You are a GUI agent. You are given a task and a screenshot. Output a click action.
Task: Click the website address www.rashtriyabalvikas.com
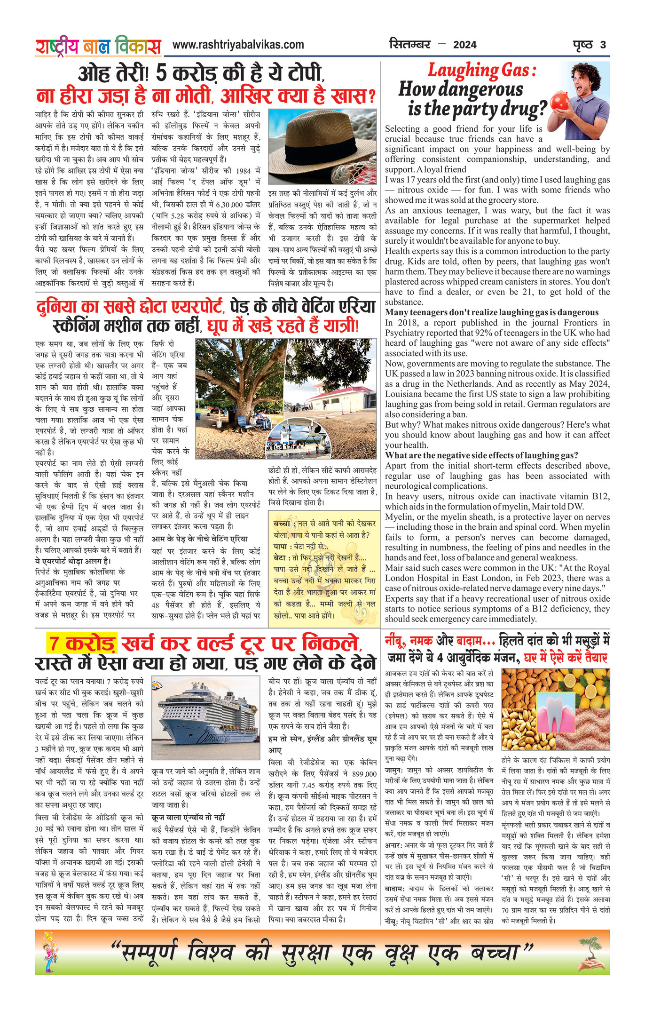point(238,45)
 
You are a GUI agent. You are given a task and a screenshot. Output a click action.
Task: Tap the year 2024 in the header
point(464,45)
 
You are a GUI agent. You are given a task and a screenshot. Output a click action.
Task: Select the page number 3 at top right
point(603,45)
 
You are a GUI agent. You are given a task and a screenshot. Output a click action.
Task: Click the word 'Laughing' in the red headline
point(462,71)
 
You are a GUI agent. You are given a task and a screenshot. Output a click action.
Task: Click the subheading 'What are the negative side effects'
point(481,455)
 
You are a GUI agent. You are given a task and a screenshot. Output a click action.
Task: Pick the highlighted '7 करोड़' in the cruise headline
point(82,644)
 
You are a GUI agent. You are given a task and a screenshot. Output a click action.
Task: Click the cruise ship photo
point(205,718)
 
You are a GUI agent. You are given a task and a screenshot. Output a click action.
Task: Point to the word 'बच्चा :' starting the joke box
point(284,524)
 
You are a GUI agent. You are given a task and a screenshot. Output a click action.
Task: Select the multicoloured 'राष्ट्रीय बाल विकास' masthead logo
point(98,46)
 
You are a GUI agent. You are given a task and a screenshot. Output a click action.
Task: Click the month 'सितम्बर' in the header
point(410,45)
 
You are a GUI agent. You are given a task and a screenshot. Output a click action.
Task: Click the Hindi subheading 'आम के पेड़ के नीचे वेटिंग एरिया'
point(199,539)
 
